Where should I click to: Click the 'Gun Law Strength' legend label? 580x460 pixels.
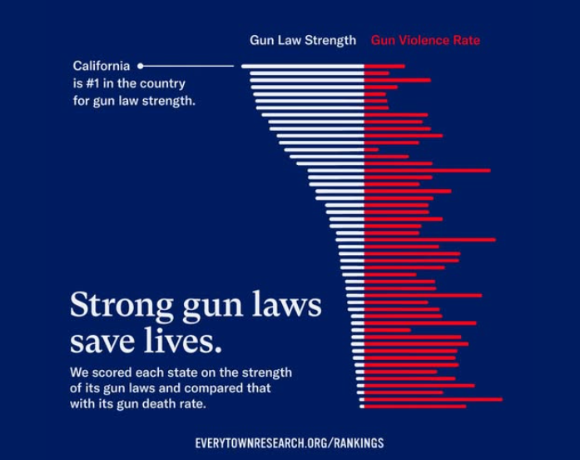coord(303,40)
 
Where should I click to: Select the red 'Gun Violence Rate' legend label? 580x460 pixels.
coord(425,40)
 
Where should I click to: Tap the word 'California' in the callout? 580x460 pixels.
coord(102,66)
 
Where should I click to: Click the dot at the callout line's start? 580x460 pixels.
coord(141,65)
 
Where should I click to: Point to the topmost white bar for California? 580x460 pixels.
coord(302,66)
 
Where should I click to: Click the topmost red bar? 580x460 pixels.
coord(384,66)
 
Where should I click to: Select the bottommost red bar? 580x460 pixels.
coord(414,407)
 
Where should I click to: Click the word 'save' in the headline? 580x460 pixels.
coord(103,342)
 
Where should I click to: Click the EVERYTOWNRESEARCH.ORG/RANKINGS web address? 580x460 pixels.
coord(290,443)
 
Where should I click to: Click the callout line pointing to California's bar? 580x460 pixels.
coord(190,65)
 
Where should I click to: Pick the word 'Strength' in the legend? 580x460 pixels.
coord(330,40)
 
